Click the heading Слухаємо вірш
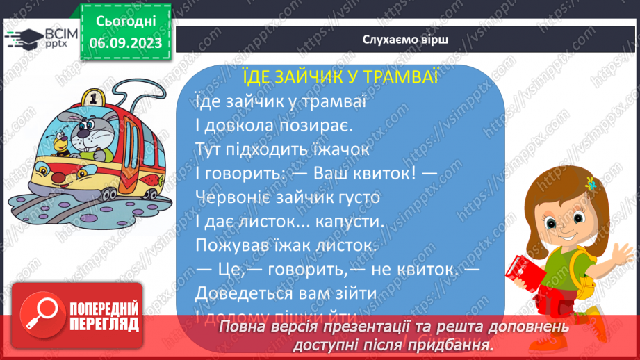(x=405, y=40)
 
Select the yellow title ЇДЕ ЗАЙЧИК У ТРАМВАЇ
(x=340, y=76)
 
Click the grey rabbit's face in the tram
(x=83, y=129)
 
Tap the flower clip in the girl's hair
(x=591, y=184)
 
